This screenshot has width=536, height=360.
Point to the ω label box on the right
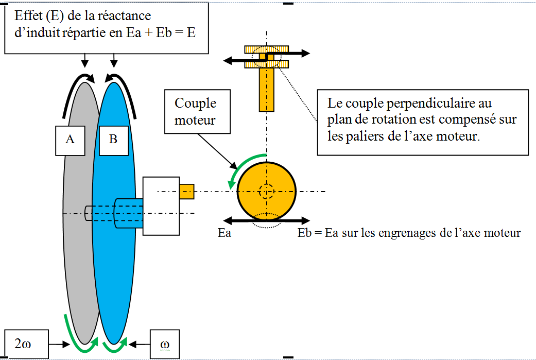(x=165, y=344)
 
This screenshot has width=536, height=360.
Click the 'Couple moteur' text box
(x=195, y=111)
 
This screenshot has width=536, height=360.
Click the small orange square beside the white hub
(x=186, y=191)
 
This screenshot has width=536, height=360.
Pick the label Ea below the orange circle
(x=224, y=233)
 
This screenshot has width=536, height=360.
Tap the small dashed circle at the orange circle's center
(x=266, y=192)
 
